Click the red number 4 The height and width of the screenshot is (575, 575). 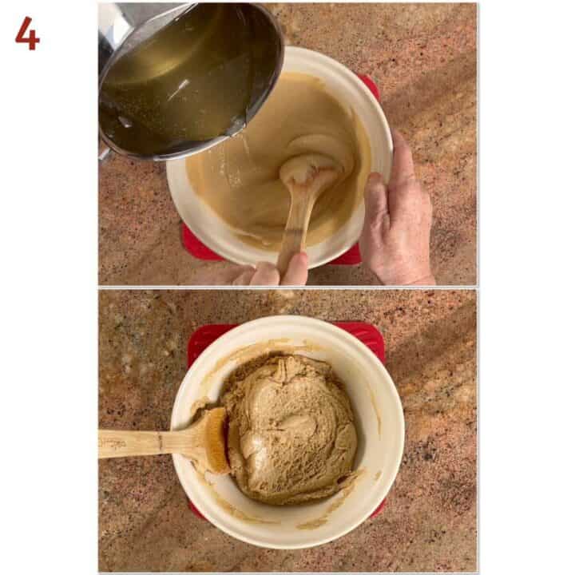(26, 34)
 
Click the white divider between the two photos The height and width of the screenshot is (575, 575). (287, 287)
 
